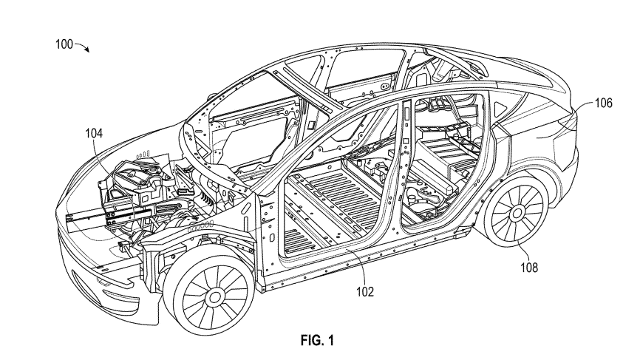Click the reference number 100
coord(64,44)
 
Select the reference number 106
coord(603,103)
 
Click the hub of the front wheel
coord(214,297)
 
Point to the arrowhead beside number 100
coord(87,50)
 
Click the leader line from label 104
coord(101,159)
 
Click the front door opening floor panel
coord(325,208)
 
